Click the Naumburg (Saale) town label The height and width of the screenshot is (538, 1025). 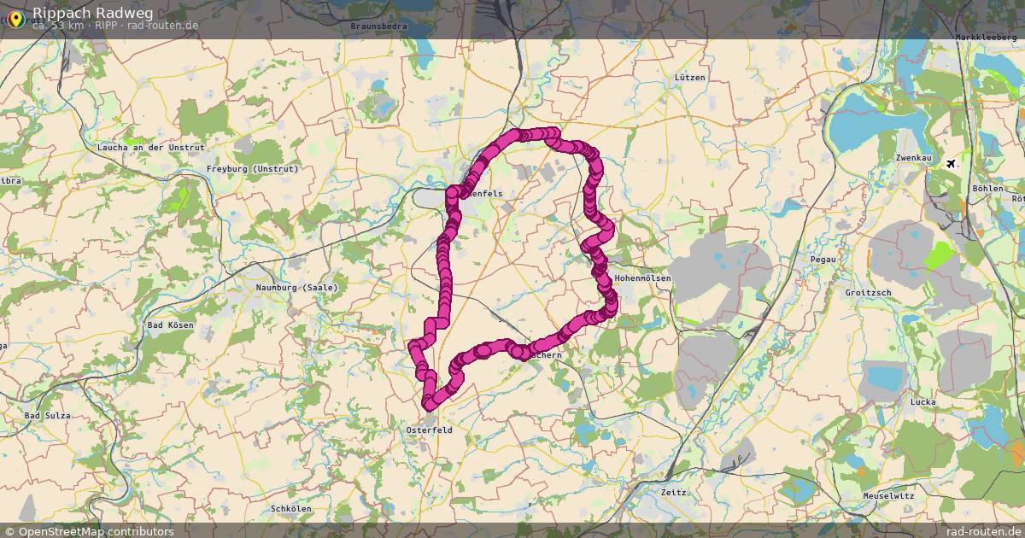[296, 288]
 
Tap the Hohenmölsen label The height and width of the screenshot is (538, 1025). [642, 279]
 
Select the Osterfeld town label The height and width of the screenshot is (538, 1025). [429, 430]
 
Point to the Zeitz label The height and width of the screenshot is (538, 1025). [673, 493]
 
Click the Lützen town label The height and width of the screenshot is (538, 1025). [689, 78]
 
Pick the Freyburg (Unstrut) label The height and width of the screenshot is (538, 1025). [253, 169]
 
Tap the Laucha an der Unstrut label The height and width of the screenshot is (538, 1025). [151, 148]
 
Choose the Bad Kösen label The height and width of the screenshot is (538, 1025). [171, 325]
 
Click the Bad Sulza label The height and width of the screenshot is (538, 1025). [47, 416]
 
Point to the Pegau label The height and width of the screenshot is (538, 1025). [823, 258]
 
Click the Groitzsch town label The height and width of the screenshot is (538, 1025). [868, 293]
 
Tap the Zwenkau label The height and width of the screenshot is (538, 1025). [913, 159]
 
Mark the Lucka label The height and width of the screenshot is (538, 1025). [923, 402]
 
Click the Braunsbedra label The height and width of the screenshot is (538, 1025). [379, 26]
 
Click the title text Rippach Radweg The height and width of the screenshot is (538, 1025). [82, 12]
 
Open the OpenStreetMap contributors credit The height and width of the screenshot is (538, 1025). [96, 531]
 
